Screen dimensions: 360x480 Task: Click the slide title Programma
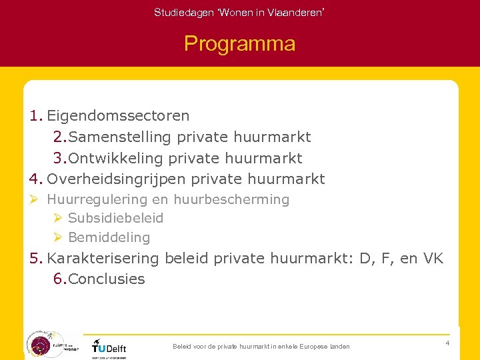pyautogui.click(x=239, y=44)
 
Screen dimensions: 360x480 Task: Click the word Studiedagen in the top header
pyautogui.click(x=175, y=13)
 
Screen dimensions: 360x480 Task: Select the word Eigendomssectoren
pyautogui.click(x=118, y=116)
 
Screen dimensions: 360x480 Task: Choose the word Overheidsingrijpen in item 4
pyautogui.click(x=117, y=179)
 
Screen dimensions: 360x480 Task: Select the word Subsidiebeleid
pyautogui.click(x=115, y=218)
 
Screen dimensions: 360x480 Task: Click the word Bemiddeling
pyautogui.click(x=109, y=237)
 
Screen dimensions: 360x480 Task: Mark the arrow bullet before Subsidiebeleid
pyautogui.click(x=58, y=218)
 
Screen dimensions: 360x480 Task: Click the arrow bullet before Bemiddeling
pyautogui.click(x=58, y=237)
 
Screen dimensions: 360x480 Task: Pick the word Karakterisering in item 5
pyautogui.click(x=103, y=259)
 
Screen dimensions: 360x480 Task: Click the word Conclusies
pyautogui.click(x=106, y=279)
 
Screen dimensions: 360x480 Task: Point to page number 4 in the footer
pyautogui.click(x=447, y=343)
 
